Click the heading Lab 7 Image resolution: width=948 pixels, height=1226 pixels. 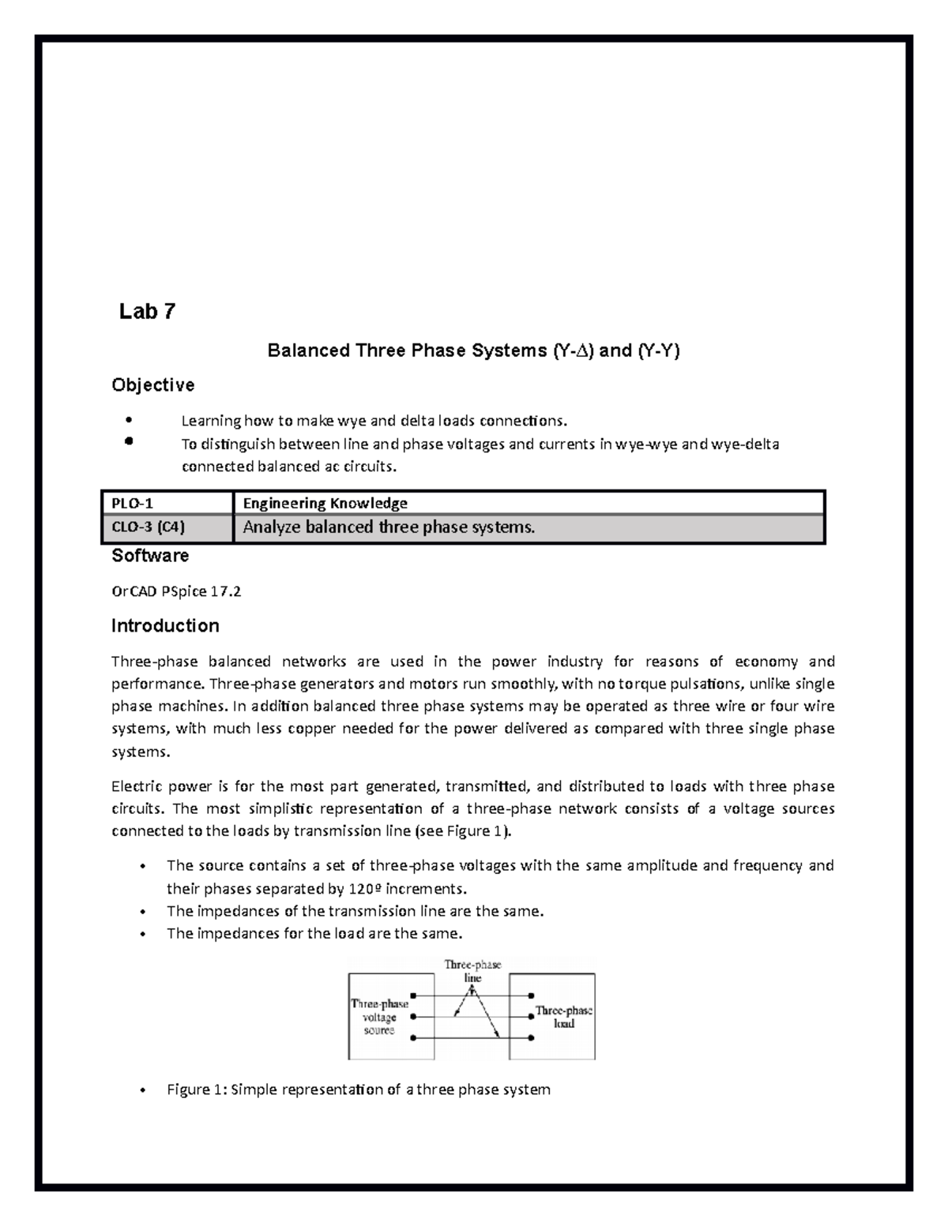[x=147, y=312]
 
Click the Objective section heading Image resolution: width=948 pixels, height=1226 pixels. [x=152, y=385]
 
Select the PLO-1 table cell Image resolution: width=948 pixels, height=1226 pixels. [x=167, y=503]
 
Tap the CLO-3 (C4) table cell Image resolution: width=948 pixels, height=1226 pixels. [x=167, y=527]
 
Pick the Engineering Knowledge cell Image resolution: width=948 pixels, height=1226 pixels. [x=325, y=503]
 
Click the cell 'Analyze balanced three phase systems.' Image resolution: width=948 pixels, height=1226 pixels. [x=389, y=527]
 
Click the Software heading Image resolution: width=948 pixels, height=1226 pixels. [x=150, y=556]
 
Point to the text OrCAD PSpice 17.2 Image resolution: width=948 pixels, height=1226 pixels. [x=176, y=591]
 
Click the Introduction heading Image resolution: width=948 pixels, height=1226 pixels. [x=165, y=626]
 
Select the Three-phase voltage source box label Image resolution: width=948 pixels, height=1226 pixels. [x=379, y=1017]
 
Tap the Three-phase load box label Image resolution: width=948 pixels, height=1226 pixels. [x=563, y=1017]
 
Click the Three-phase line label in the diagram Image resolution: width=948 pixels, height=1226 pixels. [x=472, y=970]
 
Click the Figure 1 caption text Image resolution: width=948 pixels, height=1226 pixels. [x=358, y=1089]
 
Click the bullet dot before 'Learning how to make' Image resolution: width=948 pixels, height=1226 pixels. [x=128, y=419]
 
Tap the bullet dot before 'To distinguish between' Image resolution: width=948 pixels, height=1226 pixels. [x=128, y=442]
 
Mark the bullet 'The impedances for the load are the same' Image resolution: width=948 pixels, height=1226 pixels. [x=314, y=933]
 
